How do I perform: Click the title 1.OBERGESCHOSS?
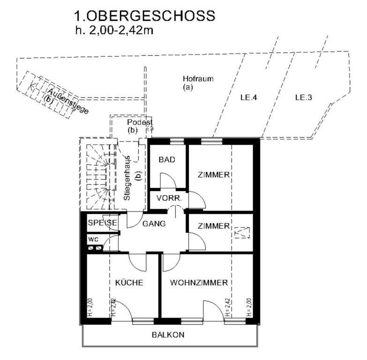144,16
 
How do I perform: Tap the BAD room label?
167,160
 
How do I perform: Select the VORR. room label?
169,198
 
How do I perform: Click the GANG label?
154,224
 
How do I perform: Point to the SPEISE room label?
102,222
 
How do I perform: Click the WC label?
93,240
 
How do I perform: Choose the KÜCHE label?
129,282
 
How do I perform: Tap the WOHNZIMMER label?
199,283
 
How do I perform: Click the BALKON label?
168,335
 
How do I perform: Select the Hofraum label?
198,79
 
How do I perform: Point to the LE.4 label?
248,97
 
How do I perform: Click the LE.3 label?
304,97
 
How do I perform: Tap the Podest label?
140,122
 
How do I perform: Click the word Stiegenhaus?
127,179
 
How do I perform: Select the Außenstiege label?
68,101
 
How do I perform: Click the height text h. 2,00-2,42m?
114,30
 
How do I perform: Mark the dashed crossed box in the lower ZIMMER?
242,232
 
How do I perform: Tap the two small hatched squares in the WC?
95,248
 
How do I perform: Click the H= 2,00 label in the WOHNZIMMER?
249,307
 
